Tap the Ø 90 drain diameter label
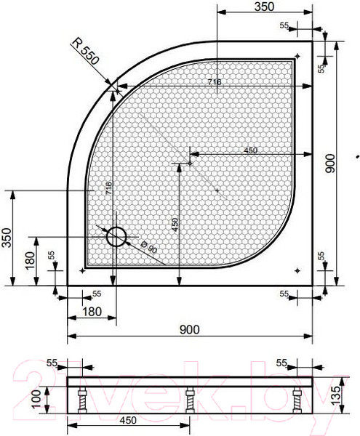click(148, 247)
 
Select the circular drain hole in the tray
click(116, 236)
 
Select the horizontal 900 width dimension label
click(188, 329)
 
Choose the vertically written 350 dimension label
click(7, 237)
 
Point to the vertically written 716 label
click(108, 190)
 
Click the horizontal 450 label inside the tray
click(250, 150)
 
